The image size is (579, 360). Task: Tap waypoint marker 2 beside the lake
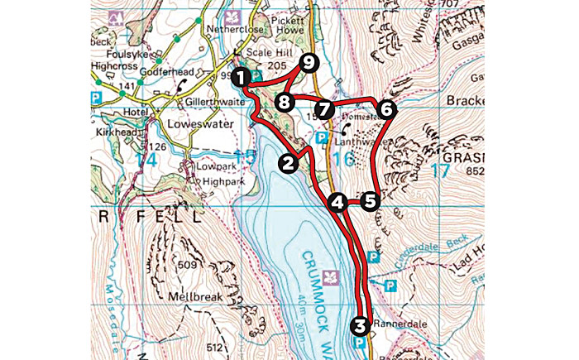(288, 163)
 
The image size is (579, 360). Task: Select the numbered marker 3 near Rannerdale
(360, 324)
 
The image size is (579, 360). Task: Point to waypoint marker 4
(337, 201)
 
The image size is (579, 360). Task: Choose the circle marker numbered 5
(369, 200)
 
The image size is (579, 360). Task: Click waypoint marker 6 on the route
(385, 108)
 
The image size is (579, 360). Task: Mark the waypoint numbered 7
(323, 108)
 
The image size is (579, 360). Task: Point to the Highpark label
(200, 177)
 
